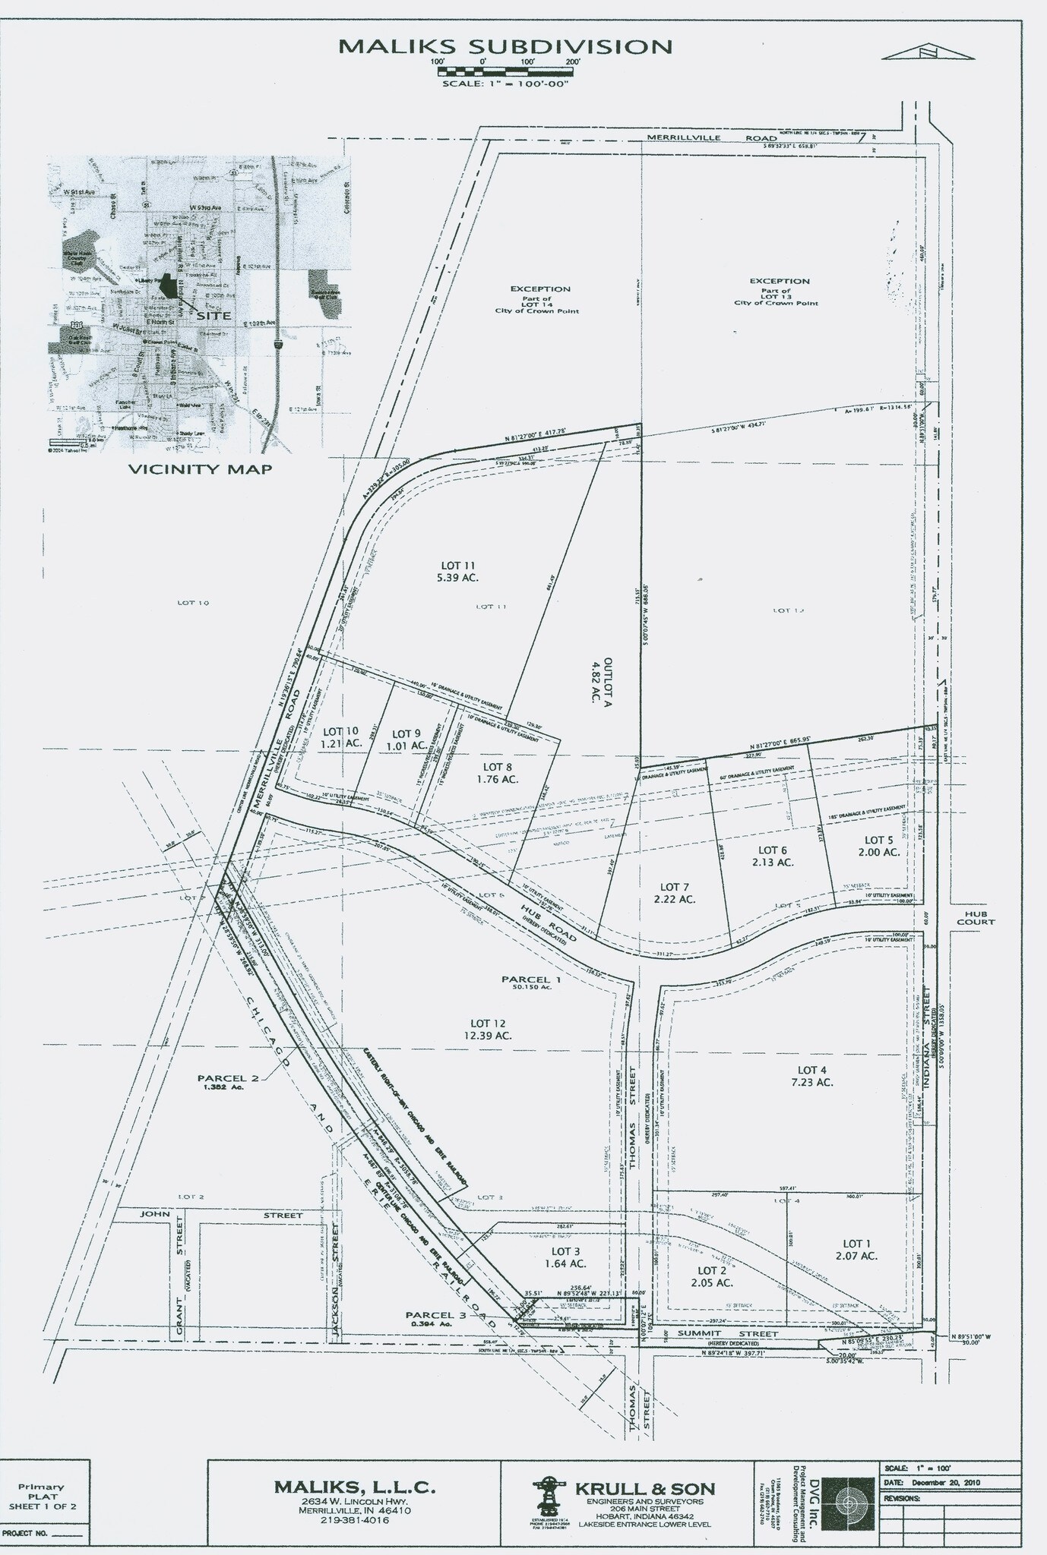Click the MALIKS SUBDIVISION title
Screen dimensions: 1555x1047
pos(505,46)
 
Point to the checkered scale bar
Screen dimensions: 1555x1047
pos(505,71)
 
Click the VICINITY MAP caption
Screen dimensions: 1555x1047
pos(200,468)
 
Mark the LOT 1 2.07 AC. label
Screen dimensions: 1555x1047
pos(856,1250)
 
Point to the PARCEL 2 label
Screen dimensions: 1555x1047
pos(223,1082)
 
